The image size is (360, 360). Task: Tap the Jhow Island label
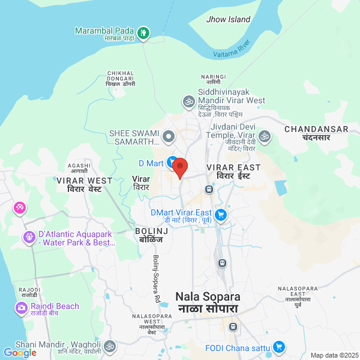(228, 19)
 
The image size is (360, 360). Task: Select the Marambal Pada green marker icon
(143, 32)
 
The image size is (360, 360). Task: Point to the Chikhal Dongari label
(121, 78)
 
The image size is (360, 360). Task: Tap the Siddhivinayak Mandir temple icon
(188, 101)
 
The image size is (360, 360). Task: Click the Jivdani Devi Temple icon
(264, 137)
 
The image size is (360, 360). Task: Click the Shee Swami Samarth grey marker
(169, 137)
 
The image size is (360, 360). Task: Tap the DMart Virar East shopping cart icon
(221, 214)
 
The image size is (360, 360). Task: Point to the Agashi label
(79, 167)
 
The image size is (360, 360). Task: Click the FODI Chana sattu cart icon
(278, 347)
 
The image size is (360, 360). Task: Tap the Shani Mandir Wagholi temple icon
(109, 346)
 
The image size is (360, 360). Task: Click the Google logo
(20, 353)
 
